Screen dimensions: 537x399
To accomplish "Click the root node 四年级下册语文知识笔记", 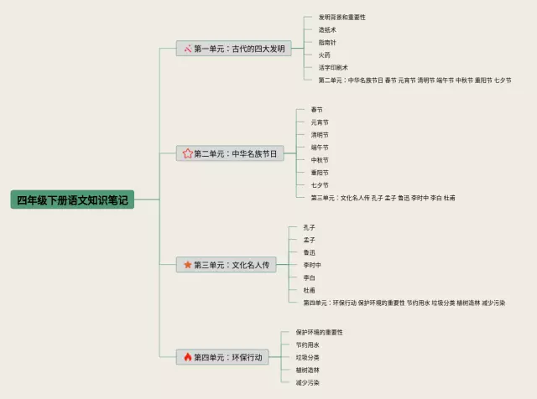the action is tap(72, 199).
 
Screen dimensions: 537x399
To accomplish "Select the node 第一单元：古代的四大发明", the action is tap(233, 49).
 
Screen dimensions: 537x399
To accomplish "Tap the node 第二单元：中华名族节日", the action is tap(229, 153).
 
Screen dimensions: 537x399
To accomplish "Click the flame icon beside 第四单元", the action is tap(188, 357).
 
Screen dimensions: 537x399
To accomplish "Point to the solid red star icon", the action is tap(188, 265).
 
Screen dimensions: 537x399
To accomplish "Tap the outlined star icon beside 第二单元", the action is tap(188, 153).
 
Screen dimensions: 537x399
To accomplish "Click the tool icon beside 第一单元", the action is tap(188, 49).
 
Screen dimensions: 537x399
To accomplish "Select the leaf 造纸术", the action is tap(327, 29).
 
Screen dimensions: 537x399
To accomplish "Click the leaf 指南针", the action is tap(327, 42).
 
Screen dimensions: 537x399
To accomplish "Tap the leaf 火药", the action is tap(324, 54).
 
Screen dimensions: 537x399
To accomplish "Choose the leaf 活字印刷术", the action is tap(333, 67).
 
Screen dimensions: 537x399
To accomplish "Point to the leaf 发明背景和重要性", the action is tap(341, 17).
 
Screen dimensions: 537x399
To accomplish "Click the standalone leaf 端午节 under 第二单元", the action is tap(320, 147).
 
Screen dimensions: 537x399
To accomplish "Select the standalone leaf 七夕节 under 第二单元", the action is tap(320, 184).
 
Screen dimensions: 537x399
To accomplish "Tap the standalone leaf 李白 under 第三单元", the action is tap(310, 277).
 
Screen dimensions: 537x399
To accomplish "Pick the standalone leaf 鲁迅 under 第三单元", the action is tap(310, 251).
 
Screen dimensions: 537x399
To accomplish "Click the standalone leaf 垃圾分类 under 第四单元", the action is tap(307, 356).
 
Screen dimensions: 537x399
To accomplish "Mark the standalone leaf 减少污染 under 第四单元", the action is tap(307, 381).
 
